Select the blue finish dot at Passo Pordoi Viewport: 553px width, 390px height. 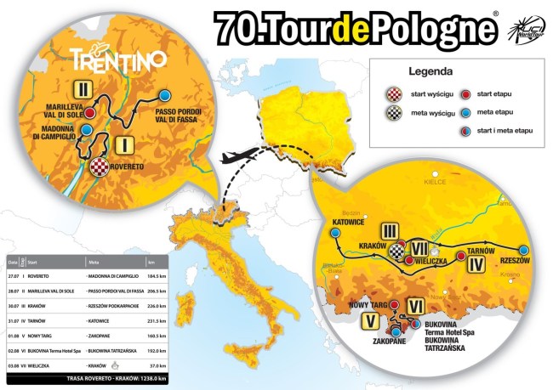pyautogui.click(x=167, y=95)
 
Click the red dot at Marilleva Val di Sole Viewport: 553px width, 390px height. pyautogui.click(x=88, y=112)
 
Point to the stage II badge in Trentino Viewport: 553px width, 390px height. pyautogui.click(x=83, y=88)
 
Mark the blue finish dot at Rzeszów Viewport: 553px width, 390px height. pyautogui.click(x=524, y=249)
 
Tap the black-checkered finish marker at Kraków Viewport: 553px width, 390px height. pyautogui.click(x=396, y=251)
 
